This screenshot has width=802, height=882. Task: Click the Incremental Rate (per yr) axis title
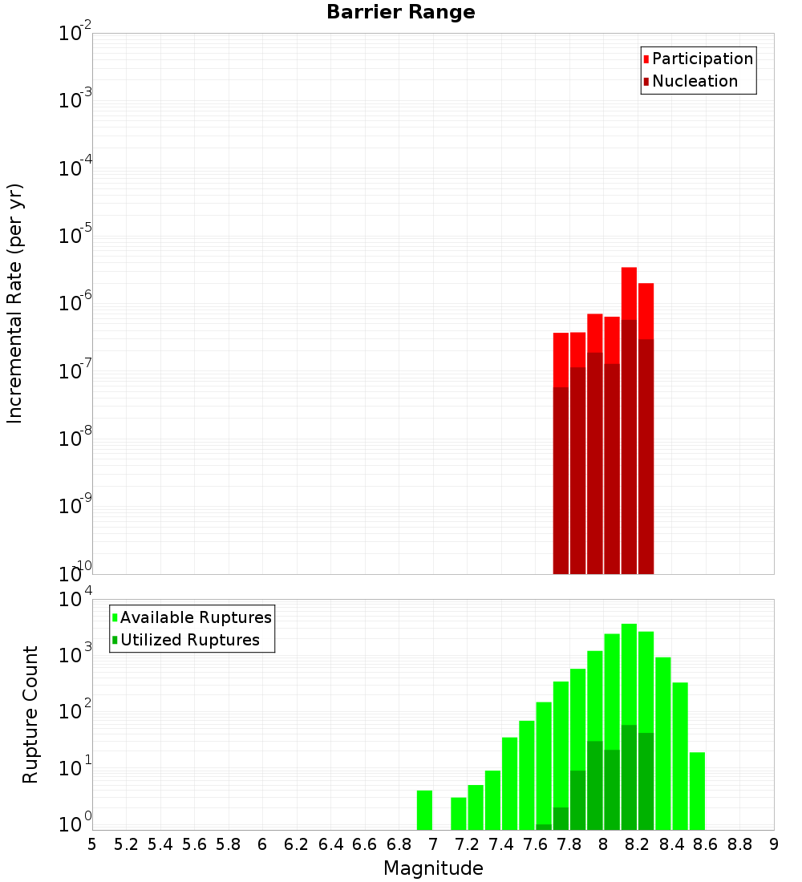15,304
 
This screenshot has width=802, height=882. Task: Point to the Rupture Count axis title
30,714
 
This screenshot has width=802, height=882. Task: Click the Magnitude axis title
433,868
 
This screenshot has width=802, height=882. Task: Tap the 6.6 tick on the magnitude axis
365,845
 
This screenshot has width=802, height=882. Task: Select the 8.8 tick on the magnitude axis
739,845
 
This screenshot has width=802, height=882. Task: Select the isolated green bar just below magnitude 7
424,810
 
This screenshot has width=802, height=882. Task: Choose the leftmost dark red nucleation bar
561,481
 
